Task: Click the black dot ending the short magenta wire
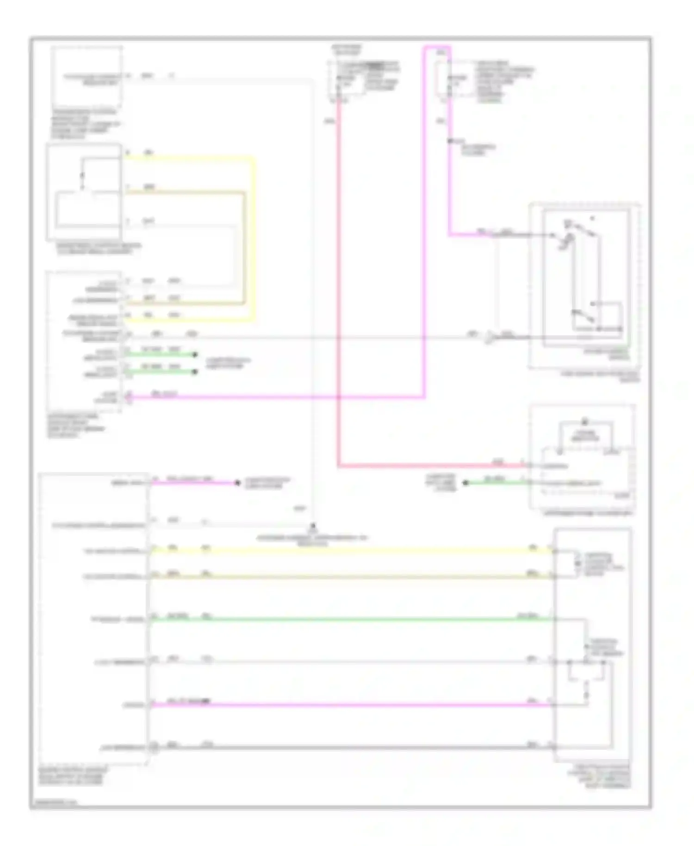click(237, 483)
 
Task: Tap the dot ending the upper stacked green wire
click(195, 355)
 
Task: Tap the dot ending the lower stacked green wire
click(195, 372)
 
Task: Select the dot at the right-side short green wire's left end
click(466, 483)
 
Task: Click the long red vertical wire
click(338, 278)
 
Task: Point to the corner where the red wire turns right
click(339, 466)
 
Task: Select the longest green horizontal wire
click(352, 619)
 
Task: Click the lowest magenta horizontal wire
click(352, 705)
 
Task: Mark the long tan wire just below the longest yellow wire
click(352, 577)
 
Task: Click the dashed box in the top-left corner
click(87, 76)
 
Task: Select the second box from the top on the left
click(84, 192)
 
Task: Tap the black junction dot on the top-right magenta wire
click(449, 141)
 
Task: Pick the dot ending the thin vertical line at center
click(313, 526)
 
